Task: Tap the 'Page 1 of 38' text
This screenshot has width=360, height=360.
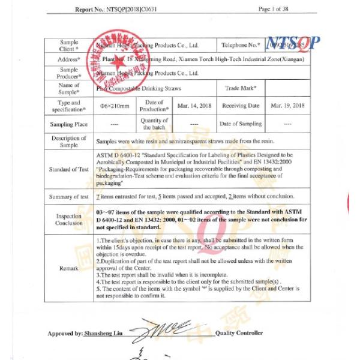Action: click(x=274, y=10)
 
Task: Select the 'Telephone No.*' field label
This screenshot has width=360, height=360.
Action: click(x=241, y=45)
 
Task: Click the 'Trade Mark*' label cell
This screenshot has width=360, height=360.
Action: click(x=241, y=88)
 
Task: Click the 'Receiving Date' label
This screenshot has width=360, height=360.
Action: click(x=241, y=106)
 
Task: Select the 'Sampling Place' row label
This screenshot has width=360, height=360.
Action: click(x=69, y=124)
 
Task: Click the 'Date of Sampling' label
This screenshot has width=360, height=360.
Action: click(x=240, y=124)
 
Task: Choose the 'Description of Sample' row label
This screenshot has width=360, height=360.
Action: click(x=69, y=142)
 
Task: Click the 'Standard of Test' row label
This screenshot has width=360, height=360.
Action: click(x=69, y=169)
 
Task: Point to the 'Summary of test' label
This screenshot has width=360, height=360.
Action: click(x=69, y=196)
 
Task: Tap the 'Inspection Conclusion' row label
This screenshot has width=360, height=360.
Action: click(x=69, y=219)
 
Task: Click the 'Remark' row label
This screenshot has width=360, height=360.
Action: click(x=69, y=268)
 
